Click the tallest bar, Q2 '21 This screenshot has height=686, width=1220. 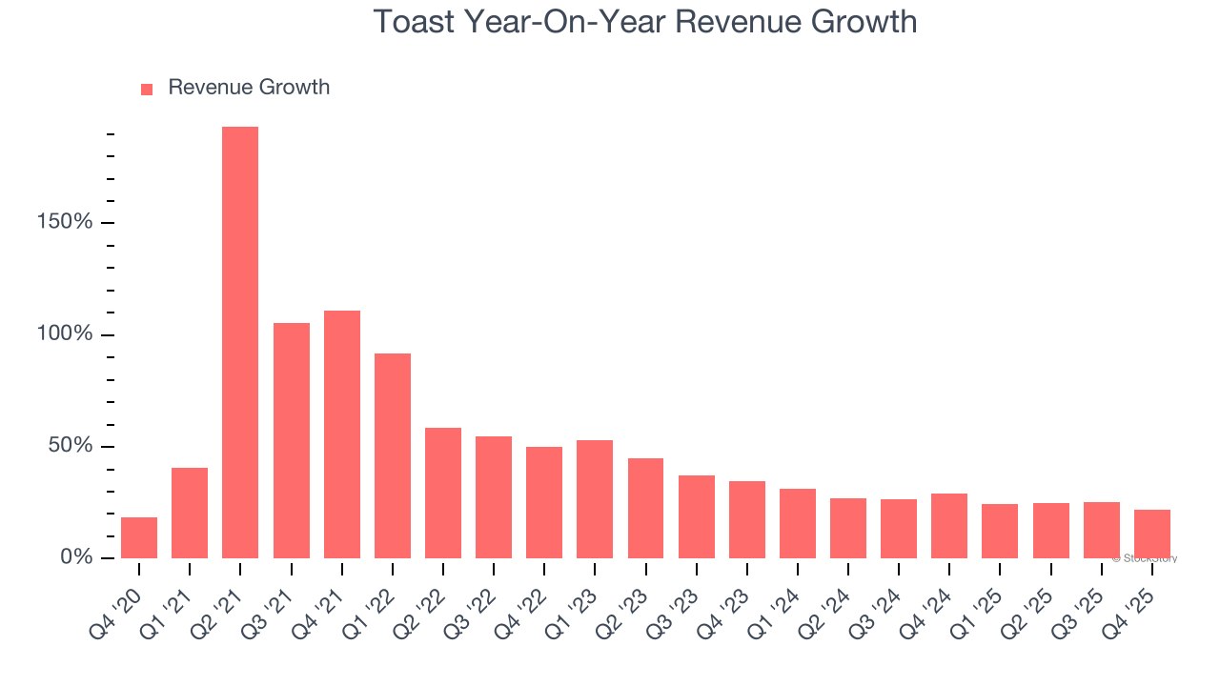point(240,343)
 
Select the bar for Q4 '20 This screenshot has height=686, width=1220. point(139,538)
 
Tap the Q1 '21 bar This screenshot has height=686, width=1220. point(190,514)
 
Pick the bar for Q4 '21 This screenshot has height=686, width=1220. point(342,434)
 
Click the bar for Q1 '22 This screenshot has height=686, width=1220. point(393,456)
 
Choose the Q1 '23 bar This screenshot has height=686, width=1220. point(595,499)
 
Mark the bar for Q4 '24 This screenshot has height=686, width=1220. point(949,526)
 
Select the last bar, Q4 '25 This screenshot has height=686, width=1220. point(1151,535)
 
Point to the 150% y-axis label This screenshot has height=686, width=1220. point(64,223)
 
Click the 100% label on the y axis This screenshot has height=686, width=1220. point(64,334)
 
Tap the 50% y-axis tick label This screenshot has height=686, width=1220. point(70,446)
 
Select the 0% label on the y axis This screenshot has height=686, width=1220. point(76,557)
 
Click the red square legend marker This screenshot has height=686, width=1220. point(147,90)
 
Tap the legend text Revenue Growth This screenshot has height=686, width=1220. point(249,88)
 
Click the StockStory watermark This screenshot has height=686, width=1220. point(1145,559)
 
